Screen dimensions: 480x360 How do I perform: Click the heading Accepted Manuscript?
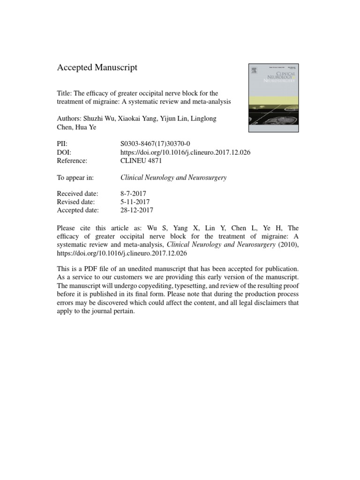tap(97, 68)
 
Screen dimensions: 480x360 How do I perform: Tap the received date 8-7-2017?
tap(133, 194)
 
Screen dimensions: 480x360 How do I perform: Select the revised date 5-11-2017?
tap(135, 202)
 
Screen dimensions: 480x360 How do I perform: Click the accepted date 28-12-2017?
tap(137, 210)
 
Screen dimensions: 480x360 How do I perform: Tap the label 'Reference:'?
tap(72, 160)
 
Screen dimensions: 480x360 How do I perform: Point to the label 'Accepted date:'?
tap(78, 210)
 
